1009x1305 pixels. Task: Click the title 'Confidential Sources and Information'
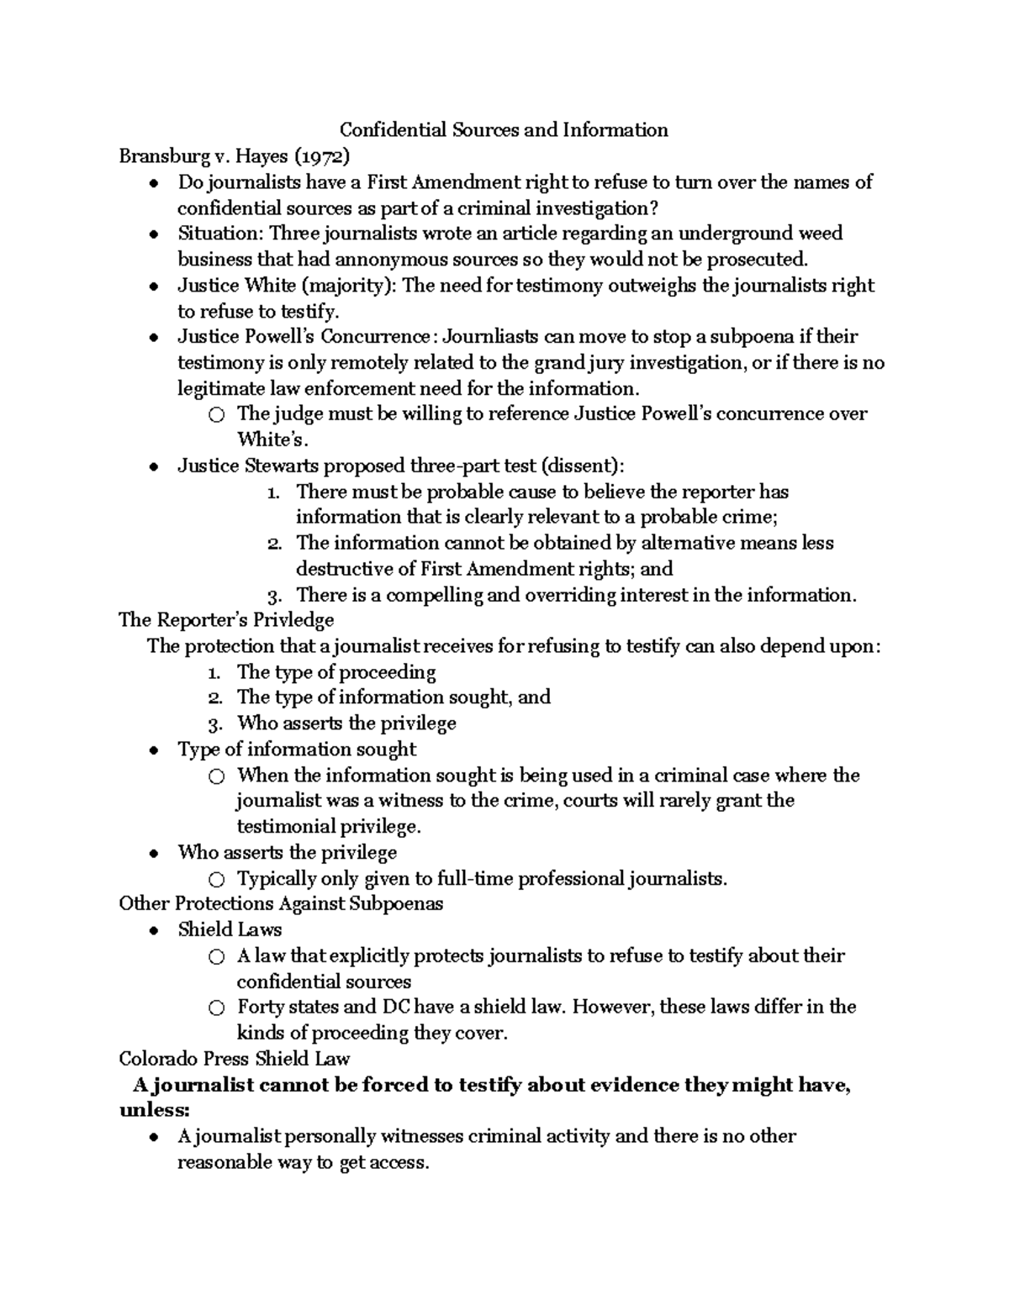[x=504, y=130]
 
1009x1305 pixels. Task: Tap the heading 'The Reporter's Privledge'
[x=227, y=620]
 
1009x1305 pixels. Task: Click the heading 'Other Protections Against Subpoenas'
[x=281, y=904]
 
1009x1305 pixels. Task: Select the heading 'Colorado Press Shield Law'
[x=235, y=1059]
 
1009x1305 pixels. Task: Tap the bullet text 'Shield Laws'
[x=230, y=930]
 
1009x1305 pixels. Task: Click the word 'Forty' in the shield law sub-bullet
[x=261, y=1008]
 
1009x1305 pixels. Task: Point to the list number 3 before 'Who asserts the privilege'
[x=214, y=724]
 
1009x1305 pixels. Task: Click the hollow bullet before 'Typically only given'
[x=216, y=880]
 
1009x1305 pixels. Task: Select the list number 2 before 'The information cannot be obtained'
[x=274, y=544]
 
